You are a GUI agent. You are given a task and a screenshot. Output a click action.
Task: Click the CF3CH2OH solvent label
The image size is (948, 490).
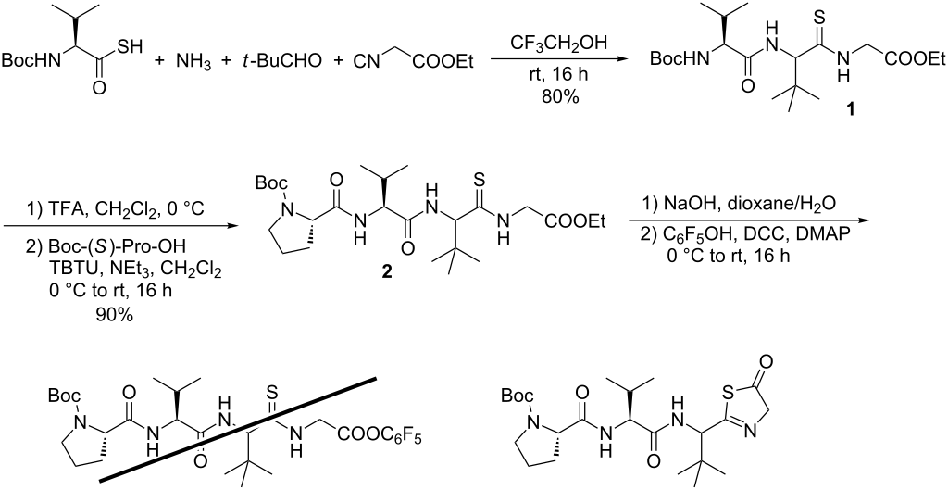[x=555, y=43]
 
